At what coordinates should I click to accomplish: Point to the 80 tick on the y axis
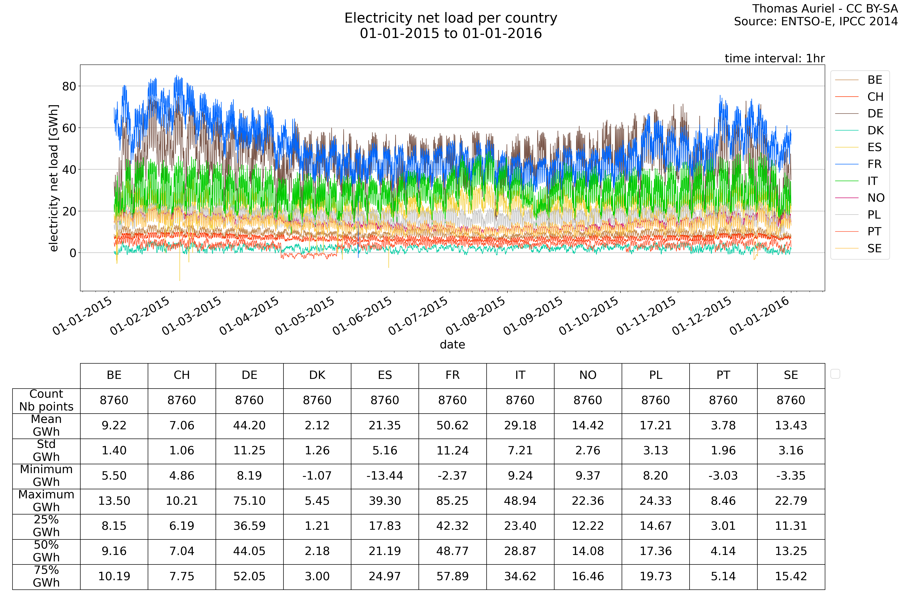tap(69, 86)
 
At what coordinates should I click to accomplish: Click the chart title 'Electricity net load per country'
tap(451, 18)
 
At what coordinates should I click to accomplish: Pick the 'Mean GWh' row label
tap(46, 425)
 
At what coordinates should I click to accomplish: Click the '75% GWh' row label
tap(46, 576)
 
